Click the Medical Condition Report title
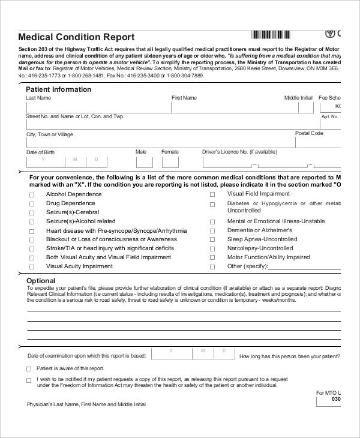click(x=76, y=37)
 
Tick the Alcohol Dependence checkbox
click(x=32, y=195)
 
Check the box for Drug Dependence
click(x=32, y=204)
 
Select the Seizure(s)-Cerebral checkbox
click(x=32, y=213)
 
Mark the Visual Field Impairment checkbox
click(x=212, y=195)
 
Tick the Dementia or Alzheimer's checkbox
click(x=212, y=231)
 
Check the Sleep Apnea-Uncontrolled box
click(x=212, y=240)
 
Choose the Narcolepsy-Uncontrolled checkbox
click(x=212, y=249)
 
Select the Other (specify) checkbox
click(x=212, y=267)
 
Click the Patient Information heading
click(x=59, y=89)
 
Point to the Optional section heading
click(x=41, y=280)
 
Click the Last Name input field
click(x=96, y=107)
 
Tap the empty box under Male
click(x=142, y=162)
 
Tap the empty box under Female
click(x=170, y=162)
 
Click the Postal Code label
click(x=309, y=133)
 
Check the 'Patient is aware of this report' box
click(x=29, y=369)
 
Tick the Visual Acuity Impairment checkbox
click(x=32, y=267)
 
